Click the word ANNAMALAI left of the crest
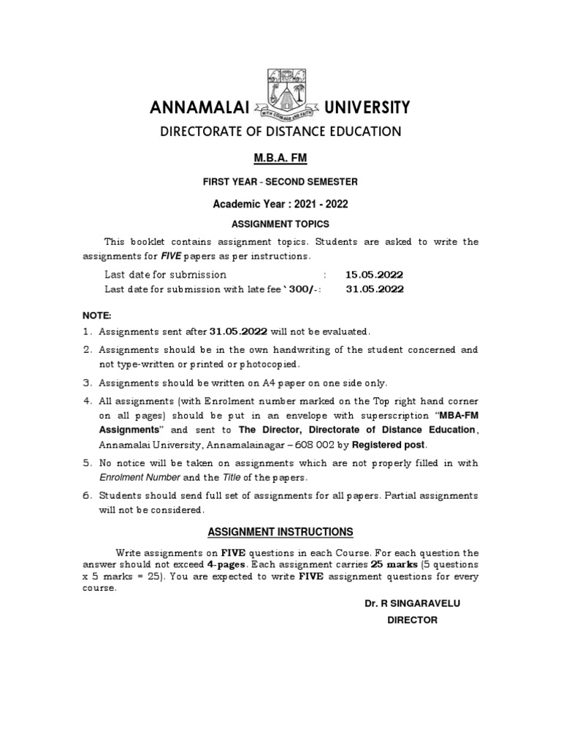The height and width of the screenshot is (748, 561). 199,109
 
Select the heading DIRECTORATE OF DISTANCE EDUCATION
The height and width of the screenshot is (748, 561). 280,131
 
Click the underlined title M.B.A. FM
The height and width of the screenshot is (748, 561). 280,158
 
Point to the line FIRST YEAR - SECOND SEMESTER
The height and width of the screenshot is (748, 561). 280,181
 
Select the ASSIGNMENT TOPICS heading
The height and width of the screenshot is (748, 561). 280,224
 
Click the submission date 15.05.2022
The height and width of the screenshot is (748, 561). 374,275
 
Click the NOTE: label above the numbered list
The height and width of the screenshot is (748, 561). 97,315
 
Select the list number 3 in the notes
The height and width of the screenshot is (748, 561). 85,383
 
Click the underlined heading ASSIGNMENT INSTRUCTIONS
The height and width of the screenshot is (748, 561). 280,531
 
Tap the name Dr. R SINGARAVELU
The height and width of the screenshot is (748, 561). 411,604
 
